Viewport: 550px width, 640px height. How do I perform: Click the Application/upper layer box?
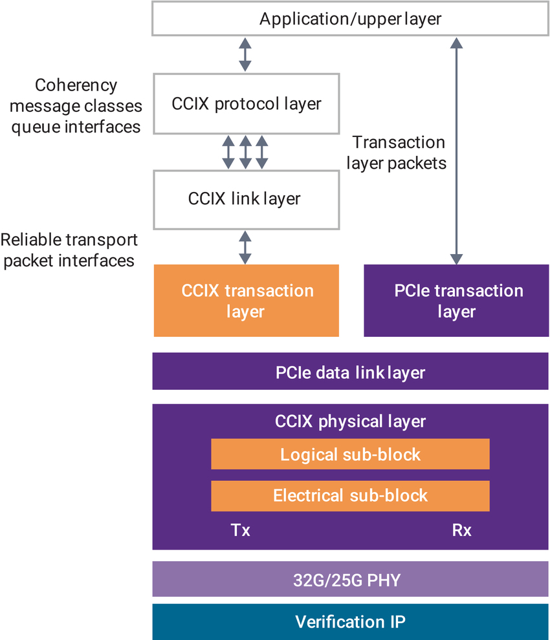350,19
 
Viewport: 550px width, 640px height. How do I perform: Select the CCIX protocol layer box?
246,103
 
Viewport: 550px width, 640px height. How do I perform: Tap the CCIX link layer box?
246,198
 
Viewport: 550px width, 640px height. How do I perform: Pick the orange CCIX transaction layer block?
246,301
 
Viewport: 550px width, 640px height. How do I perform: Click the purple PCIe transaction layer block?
456,301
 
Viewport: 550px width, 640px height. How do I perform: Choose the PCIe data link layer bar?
350,372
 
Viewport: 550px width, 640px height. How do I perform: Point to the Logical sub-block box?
350,454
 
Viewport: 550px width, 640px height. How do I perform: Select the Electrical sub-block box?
350,496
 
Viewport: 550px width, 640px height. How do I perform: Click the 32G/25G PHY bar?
350,579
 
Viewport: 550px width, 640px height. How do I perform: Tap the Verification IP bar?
350,622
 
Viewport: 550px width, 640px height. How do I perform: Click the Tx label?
241,531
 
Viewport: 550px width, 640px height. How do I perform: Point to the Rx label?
461,531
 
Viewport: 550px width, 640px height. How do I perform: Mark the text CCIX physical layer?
350,421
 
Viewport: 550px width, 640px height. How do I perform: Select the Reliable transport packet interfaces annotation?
69,250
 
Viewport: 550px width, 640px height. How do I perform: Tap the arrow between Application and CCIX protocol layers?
245,54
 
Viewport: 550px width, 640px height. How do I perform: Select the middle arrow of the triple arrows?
245,153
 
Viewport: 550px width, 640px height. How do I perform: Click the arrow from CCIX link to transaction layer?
245,247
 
